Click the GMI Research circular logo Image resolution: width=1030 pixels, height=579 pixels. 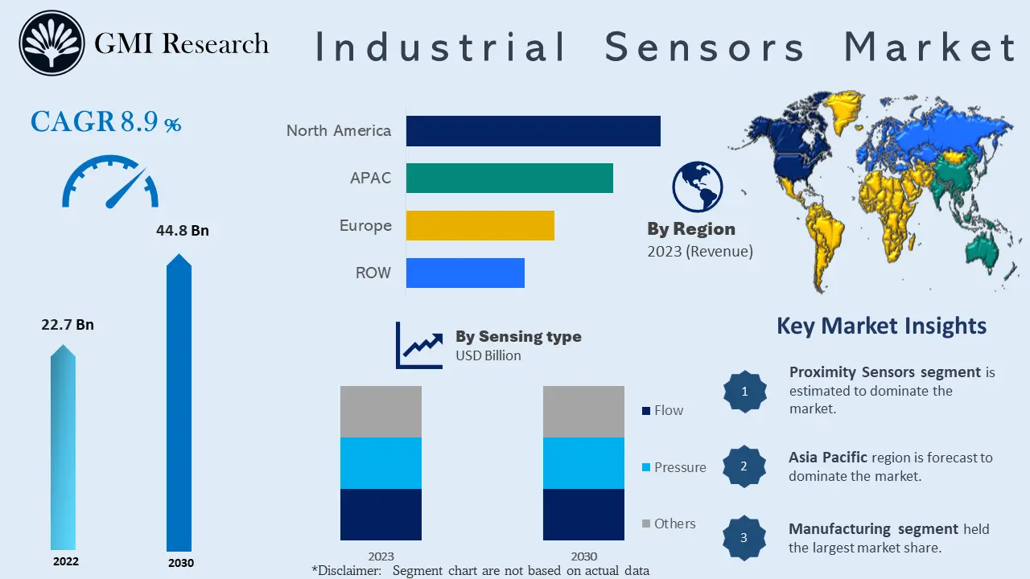pos(51,43)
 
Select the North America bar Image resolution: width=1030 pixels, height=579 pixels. pos(533,131)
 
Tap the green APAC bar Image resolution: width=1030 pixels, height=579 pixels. pos(509,178)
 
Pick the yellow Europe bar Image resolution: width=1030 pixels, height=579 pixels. pos(480,225)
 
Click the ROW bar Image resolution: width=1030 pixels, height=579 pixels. pos(465,273)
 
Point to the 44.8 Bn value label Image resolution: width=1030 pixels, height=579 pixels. pos(182,231)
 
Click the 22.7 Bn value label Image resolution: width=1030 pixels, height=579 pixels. pos(68,325)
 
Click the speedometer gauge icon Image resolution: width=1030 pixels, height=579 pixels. pos(110,183)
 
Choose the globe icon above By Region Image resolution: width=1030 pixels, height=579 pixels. pos(697,187)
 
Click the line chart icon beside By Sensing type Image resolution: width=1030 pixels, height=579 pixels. pos(419,346)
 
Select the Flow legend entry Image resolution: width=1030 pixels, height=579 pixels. pos(662,410)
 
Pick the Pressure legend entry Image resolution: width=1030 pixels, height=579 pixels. pos(674,467)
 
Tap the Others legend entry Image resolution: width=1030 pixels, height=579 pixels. pos(668,524)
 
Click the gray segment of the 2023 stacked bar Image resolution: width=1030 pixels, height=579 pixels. pos(381,412)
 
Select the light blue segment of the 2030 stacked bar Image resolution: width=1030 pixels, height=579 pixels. pos(583,463)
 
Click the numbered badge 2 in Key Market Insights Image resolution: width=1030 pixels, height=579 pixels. pos(744,466)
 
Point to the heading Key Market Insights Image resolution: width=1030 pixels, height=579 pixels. pos(881,326)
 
